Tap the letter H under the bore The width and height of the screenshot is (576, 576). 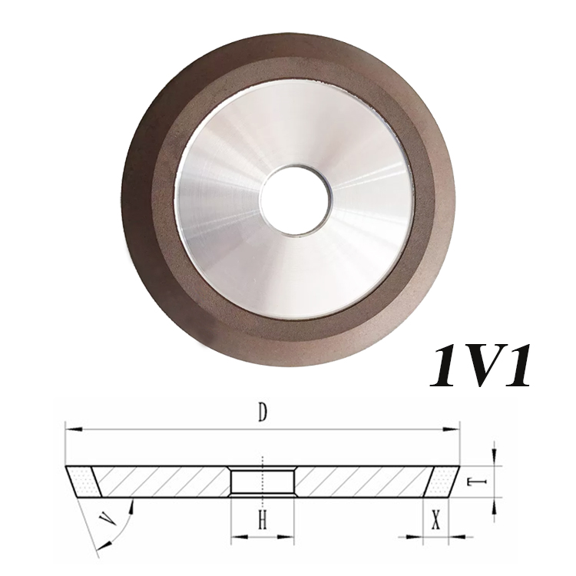261,522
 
